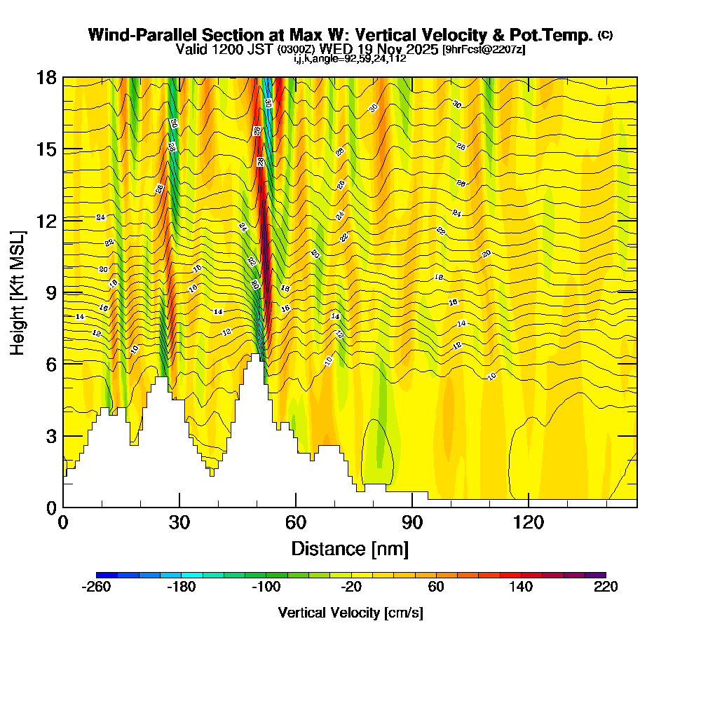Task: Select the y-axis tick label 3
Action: pyautogui.click(x=50, y=435)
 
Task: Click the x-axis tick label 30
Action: pyautogui.click(x=179, y=522)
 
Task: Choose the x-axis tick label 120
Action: pyautogui.click(x=529, y=522)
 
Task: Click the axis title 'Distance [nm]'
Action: pyautogui.click(x=350, y=547)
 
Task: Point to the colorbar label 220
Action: pyautogui.click(x=606, y=587)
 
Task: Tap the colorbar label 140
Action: pyautogui.click(x=521, y=587)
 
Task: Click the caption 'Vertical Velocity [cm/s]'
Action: pyautogui.click(x=350, y=613)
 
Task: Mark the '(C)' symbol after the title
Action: pyautogui.click(x=605, y=34)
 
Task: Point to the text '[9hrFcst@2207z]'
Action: pyautogui.click(x=484, y=50)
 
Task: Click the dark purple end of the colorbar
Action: pyautogui.click(x=595, y=575)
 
